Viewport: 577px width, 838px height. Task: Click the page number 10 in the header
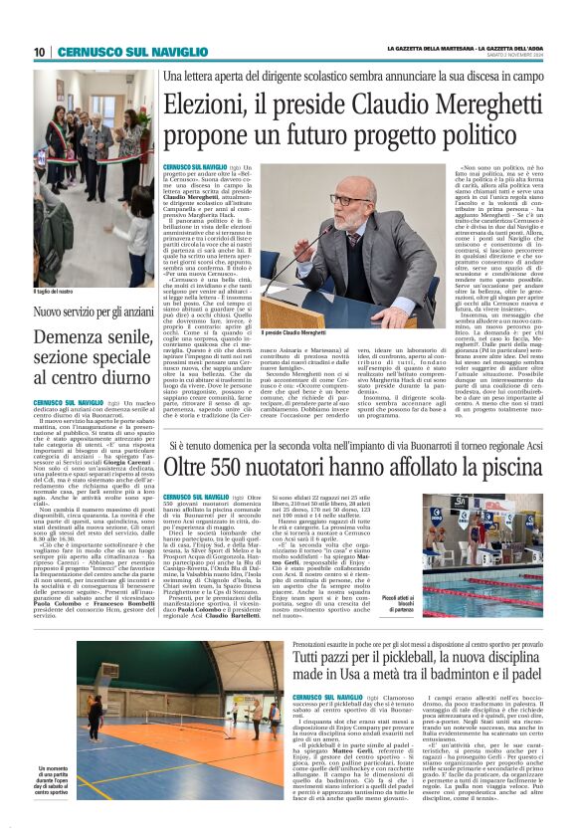point(40,52)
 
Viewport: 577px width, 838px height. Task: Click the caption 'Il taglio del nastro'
point(59,291)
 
